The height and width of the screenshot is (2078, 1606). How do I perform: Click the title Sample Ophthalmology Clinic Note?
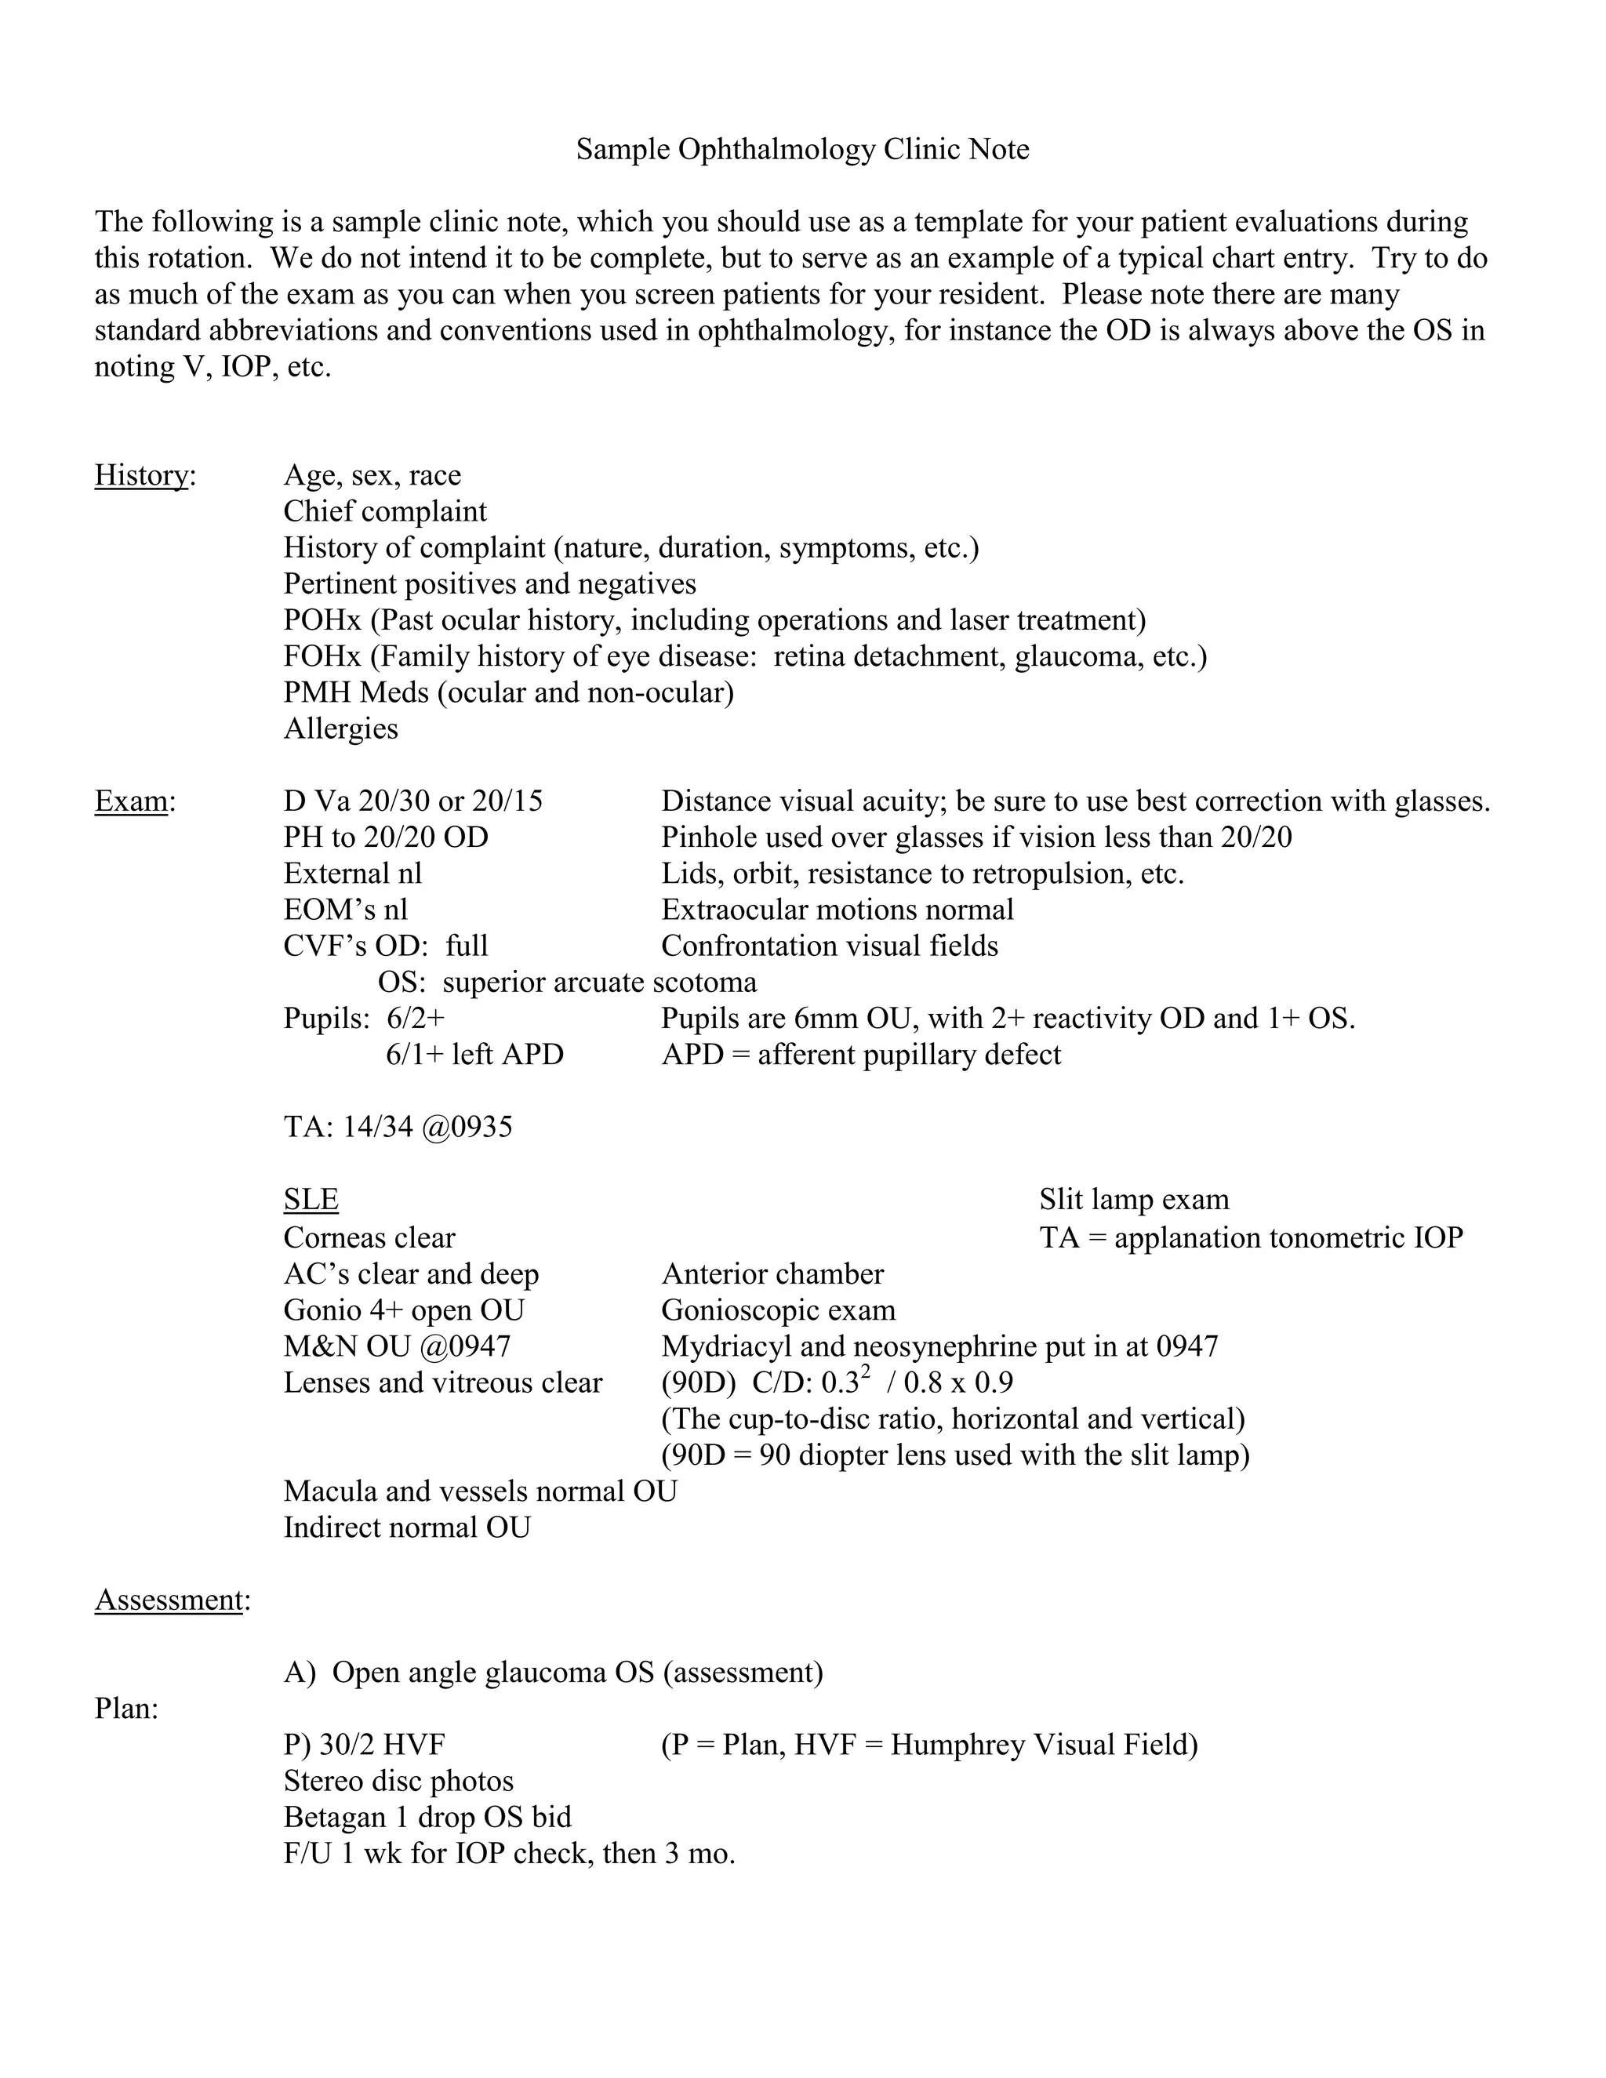802,149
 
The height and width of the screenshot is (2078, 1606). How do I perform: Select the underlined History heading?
142,474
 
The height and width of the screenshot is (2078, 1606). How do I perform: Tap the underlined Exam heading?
131,801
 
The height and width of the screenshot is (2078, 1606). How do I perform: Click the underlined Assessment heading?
169,1600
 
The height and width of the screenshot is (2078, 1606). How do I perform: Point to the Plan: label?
125,1708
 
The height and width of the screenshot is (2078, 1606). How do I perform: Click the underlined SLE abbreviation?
311,1199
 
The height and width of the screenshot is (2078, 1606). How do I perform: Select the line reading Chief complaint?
384,511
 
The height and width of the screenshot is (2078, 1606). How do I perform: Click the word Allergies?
340,728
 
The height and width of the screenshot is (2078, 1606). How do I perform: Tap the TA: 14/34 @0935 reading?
398,1127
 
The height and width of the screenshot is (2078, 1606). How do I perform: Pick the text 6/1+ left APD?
474,1054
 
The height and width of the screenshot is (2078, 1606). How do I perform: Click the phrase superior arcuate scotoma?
599,982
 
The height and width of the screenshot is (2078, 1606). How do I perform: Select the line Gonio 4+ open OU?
403,1310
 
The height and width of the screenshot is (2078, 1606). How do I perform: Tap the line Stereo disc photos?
398,1780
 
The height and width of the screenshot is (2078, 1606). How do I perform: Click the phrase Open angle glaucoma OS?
492,1672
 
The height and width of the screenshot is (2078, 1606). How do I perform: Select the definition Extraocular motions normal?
838,910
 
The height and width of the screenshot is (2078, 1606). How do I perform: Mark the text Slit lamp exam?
1133,1199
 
